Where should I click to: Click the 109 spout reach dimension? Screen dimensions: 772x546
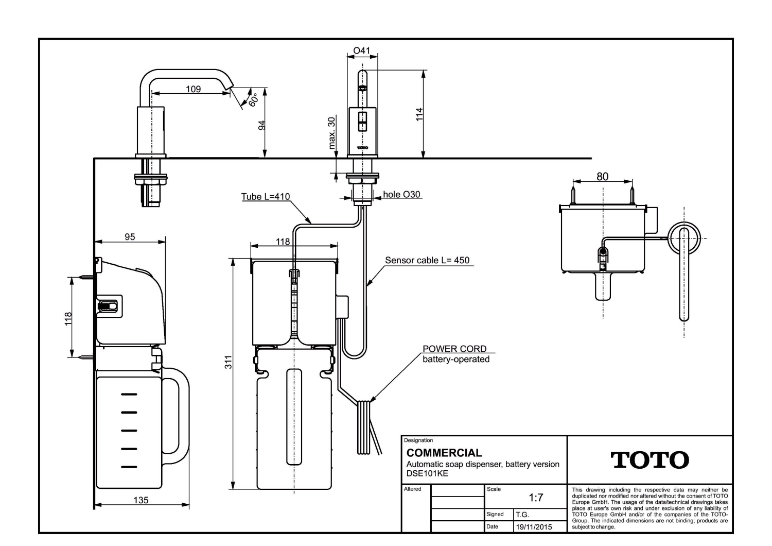coord(193,89)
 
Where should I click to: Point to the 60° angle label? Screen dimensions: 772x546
coord(253,100)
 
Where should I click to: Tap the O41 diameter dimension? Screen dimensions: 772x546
coord(361,50)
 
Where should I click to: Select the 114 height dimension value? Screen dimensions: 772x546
coord(419,114)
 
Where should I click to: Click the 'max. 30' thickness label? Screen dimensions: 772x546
coord(331,133)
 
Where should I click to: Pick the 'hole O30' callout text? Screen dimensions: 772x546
coord(401,194)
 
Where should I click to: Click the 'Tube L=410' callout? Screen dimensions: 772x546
coord(266,197)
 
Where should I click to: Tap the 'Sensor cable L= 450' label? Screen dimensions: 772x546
coord(427,260)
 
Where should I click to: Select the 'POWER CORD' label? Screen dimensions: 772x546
coord(454,349)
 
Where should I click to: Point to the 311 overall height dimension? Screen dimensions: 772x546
coord(228,362)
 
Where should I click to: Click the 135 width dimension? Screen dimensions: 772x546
coord(141,500)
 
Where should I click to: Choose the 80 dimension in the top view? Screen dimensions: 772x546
coord(602,177)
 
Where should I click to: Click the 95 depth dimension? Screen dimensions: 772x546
coord(130,236)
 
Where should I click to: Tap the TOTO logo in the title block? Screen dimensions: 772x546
coord(650,460)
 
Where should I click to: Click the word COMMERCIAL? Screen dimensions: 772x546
coord(444,453)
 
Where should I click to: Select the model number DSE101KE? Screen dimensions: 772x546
coord(427,473)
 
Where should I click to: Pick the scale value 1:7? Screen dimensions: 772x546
coord(536,498)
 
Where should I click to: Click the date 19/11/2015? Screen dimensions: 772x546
coord(534,527)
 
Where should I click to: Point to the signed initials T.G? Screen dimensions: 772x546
coord(522,515)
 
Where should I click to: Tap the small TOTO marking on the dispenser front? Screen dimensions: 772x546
coord(362,148)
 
